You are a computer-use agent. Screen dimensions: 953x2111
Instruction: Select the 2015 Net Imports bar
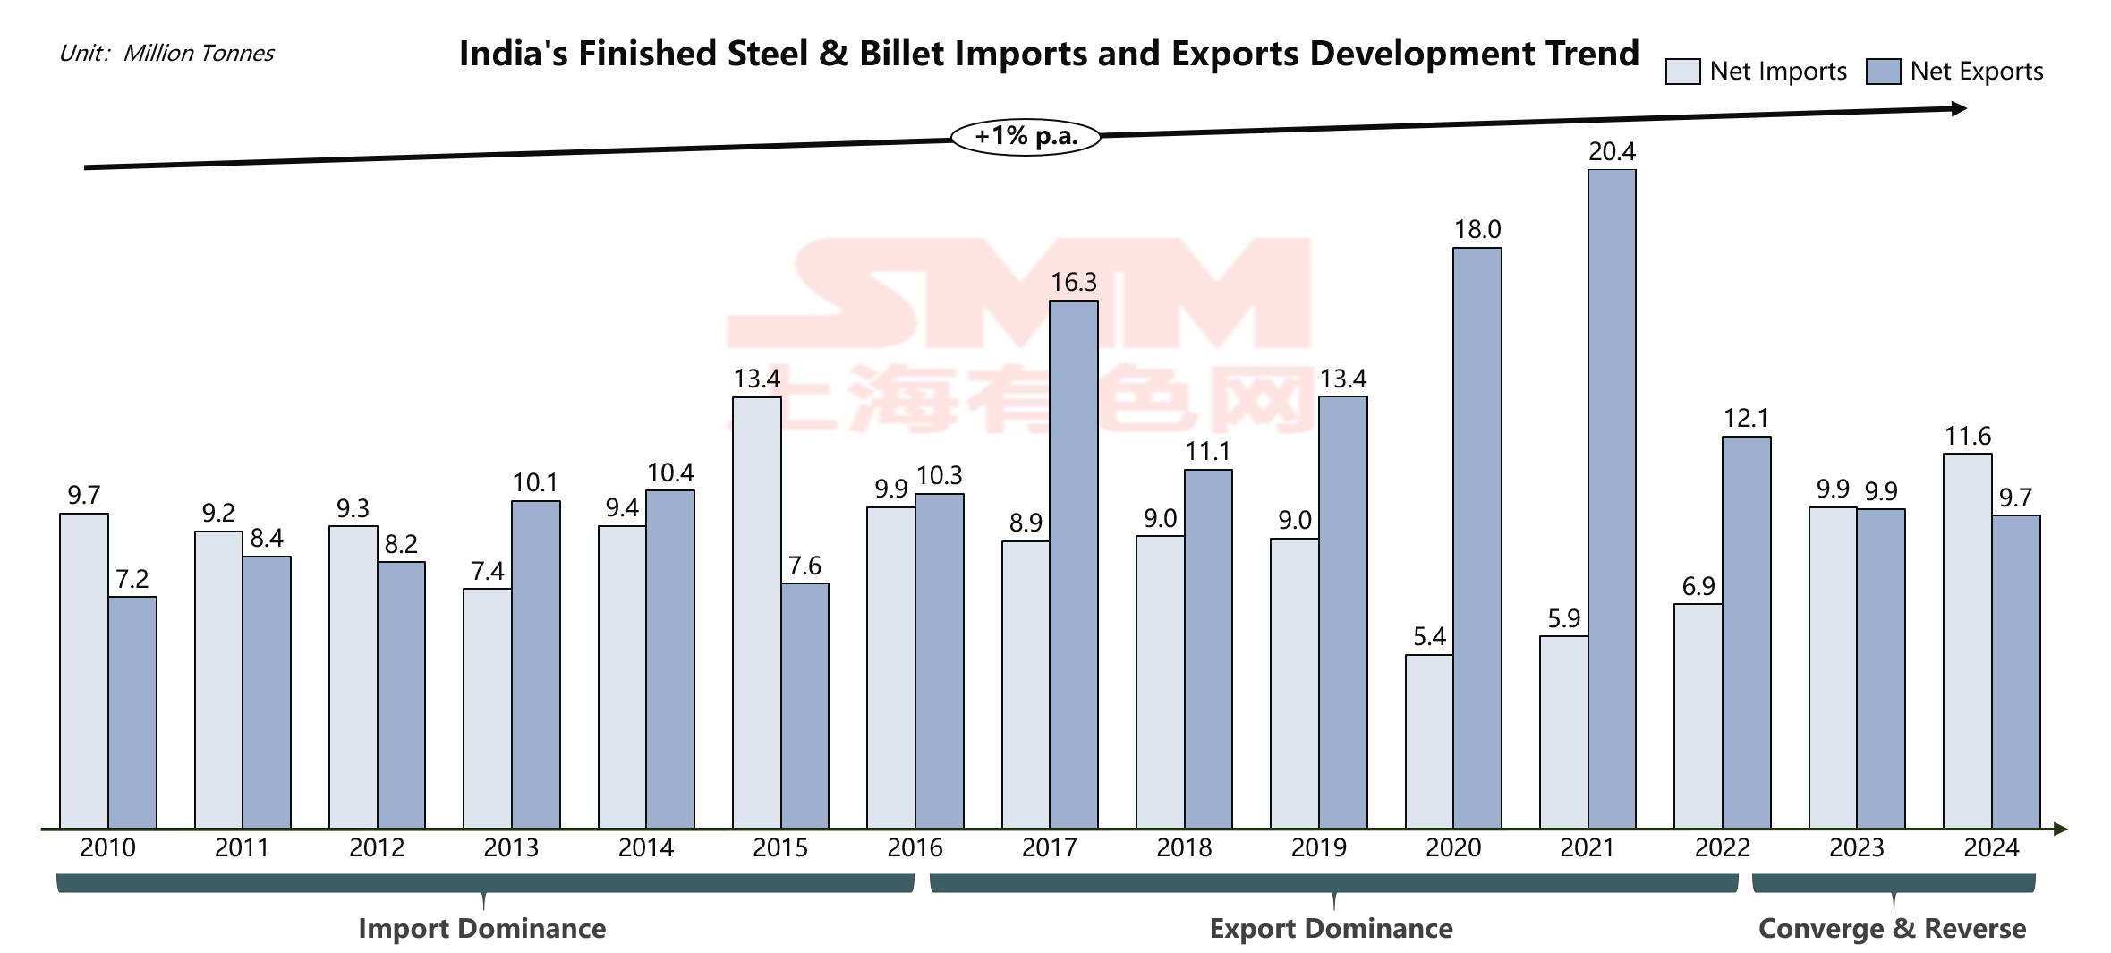pyautogui.click(x=756, y=612)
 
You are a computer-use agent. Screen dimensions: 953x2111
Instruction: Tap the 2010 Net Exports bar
pyautogui.click(x=132, y=712)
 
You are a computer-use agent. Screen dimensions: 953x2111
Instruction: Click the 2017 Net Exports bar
pyautogui.click(x=1073, y=564)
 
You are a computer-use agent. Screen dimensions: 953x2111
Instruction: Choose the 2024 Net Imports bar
pyautogui.click(x=1967, y=641)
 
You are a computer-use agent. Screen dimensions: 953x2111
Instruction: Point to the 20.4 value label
pyautogui.click(x=1612, y=152)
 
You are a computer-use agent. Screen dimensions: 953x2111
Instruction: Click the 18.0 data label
pyautogui.click(x=1477, y=230)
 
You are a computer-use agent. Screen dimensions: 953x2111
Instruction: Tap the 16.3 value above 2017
pyautogui.click(x=1073, y=283)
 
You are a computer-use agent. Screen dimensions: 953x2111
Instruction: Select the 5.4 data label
pyautogui.click(x=1429, y=637)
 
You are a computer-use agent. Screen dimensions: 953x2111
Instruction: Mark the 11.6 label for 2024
pyautogui.click(x=1967, y=437)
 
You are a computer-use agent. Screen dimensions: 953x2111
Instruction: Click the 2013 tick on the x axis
pyautogui.click(x=511, y=847)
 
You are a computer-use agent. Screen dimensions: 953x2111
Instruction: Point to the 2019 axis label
pyautogui.click(x=1318, y=847)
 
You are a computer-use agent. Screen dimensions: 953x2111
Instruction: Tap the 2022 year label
pyautogui.click(x=1722, y=847)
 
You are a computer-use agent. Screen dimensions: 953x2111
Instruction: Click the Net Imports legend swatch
pyautogui.click(x=1682, y=72)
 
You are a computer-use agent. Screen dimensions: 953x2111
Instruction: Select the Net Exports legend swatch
pyautogui.click(x=1883, y=72)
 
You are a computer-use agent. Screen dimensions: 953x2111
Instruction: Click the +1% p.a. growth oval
pyautogui.click(x=1026, y=137)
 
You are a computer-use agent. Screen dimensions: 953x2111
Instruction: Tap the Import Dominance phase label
pyautogui.click(x=481, y=928)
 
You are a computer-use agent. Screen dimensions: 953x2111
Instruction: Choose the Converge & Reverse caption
pyautogui.click(x=1892, y=928)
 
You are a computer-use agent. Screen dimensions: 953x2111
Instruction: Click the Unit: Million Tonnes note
pyautogui.click(x=166, y=54)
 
